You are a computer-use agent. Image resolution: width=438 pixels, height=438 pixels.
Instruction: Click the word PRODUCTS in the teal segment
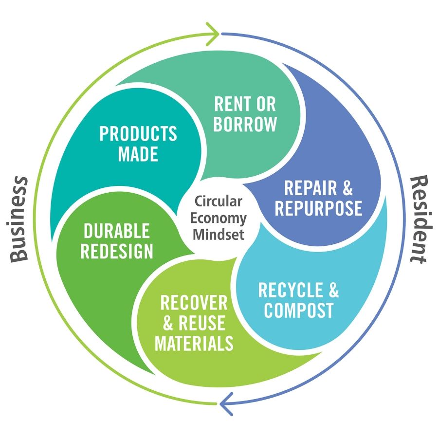(x=138, y=134)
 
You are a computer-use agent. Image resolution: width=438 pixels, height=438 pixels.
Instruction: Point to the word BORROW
(x=245, y=125)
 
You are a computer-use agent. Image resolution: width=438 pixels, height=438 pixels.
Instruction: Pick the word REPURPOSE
(x=318, y=208)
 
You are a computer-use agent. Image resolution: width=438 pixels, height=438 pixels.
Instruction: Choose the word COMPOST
(x=299, y=310)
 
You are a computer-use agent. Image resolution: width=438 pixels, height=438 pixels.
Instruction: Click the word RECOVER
(x=194, y=303)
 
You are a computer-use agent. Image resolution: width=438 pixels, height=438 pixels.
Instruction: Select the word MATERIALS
(x=194, y=344)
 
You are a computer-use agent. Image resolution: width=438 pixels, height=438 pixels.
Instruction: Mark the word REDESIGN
(x=117, y=251)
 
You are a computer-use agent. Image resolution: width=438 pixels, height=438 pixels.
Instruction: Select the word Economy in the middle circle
(x=219, y=218)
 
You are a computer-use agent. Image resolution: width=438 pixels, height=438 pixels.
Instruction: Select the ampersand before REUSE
(x=167, y=323)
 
